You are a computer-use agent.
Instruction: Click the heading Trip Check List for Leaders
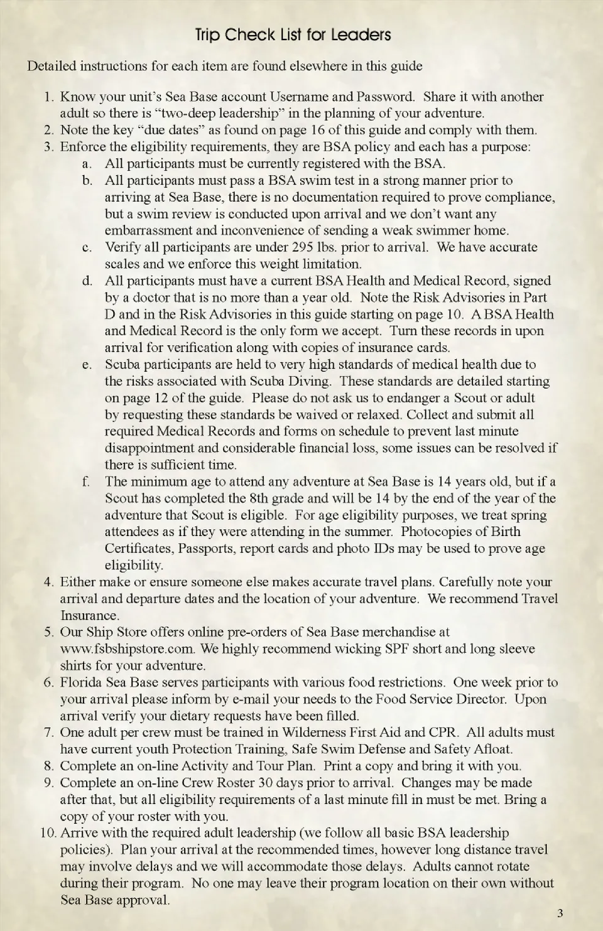pos(293,35)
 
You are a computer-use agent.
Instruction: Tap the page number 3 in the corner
pos(560,913)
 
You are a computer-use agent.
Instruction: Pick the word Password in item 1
pos(385,97)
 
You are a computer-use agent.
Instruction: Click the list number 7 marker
pos(48,733)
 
